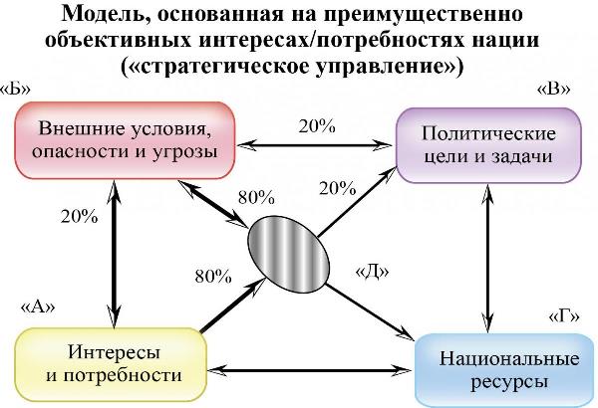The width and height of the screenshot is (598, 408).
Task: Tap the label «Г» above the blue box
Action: tap(564, 315)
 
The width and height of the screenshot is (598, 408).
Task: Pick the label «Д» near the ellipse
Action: tap(372, 269)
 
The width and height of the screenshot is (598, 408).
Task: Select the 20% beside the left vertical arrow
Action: tap(79, 215)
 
